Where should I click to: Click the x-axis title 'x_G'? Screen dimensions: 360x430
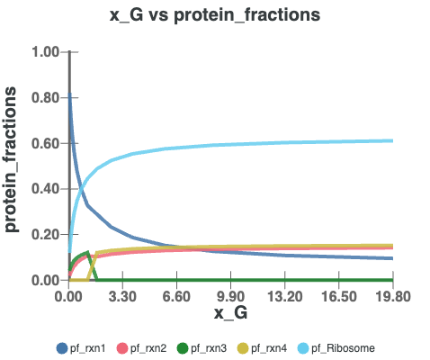coord(230,312)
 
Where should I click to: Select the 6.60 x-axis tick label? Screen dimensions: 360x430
coord(176,295)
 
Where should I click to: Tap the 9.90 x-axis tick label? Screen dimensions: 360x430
coord(230,295)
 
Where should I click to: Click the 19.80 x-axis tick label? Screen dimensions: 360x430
coord(392,295)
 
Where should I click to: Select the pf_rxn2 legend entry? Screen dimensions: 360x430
coord(150,346)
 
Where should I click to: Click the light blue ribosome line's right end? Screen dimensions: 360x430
coord(392,140)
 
